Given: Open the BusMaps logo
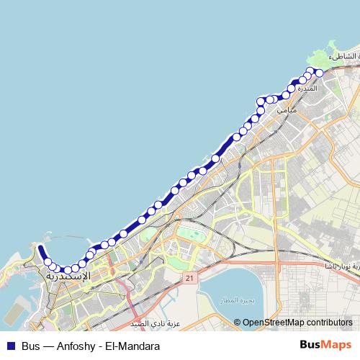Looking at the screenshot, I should [x=325, y=346].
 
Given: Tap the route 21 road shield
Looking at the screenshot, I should [x=189, y=277].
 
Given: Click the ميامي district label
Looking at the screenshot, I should [x=285, y=110].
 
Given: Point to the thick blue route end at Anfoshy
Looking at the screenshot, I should [x=40, y=248].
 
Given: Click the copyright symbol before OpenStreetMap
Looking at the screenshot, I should [x=238, y=323].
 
